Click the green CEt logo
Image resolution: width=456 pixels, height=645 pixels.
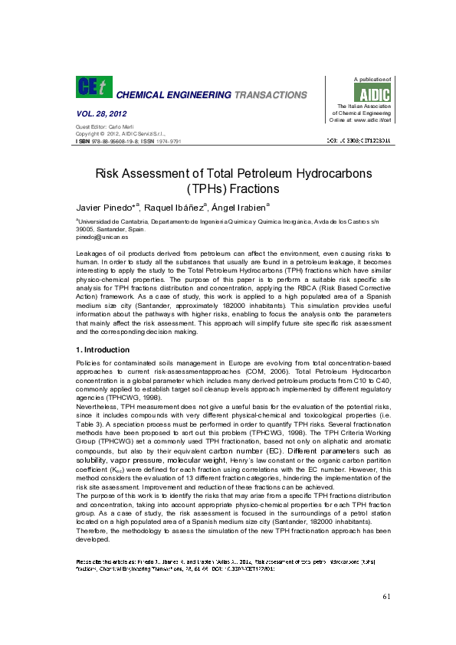click(93, 87)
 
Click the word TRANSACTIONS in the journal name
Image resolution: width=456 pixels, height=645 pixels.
click(268, 95)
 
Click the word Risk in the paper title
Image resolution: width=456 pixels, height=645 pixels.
click(109, 173)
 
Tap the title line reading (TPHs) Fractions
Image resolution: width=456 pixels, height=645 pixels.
click(228, 188)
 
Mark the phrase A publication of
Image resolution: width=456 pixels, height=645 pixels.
click(372, 79)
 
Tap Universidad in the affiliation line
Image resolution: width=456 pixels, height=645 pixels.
click(97, 221)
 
